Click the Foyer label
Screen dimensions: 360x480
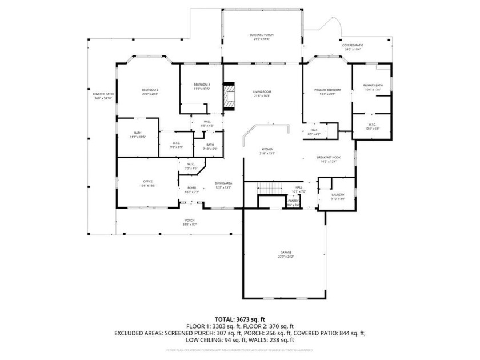191,190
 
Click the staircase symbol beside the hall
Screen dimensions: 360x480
269,187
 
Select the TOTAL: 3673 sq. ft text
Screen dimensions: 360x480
239,319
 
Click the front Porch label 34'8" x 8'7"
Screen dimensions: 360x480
189,222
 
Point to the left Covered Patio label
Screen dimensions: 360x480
103,96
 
